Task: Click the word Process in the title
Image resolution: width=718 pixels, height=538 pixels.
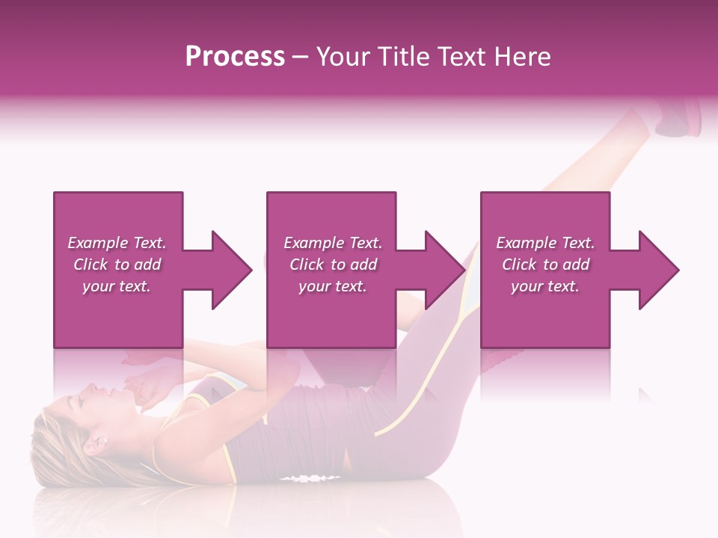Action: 235,57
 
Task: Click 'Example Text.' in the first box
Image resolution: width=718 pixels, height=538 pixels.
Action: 117,243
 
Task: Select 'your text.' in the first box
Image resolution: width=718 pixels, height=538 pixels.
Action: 117,286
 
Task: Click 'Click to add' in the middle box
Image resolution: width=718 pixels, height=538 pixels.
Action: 332,265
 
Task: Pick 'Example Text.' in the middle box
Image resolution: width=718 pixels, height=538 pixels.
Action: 332,243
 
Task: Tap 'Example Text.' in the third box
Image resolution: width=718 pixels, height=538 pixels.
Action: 545,243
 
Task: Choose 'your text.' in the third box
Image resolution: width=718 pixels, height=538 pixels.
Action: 545,286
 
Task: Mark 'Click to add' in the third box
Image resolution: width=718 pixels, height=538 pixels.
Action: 545,265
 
